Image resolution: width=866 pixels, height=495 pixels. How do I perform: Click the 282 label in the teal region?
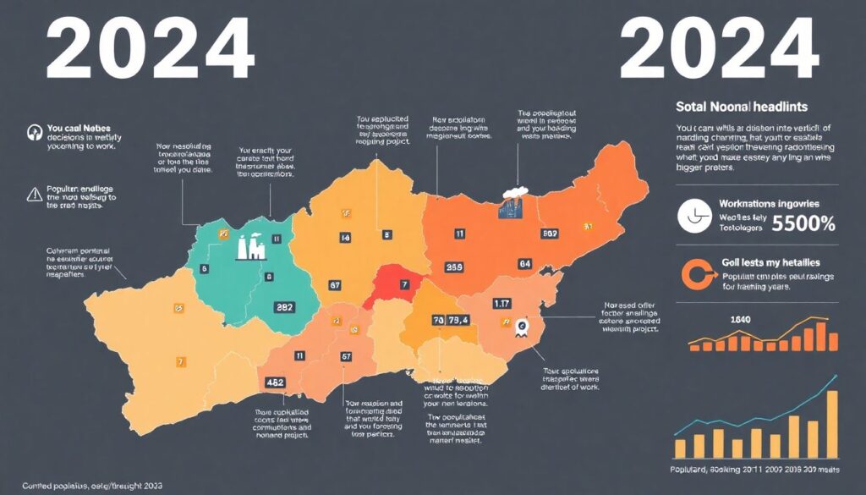pyautogui.click(x=285, y=308)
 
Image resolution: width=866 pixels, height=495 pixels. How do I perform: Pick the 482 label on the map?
pyautogui.click(x=275, y=382)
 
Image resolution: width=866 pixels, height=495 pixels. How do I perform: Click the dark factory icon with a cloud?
pyautogui.click(x=510, y=204)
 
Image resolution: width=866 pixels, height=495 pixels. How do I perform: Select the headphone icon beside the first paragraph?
pyautogui.click(x=35, y=132)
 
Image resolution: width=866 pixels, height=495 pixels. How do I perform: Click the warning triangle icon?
pyautogui.click(x=35, y=194)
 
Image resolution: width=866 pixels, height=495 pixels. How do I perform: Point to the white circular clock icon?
pyautogui.click(x=695, y=217)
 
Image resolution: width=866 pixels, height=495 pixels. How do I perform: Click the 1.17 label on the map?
pyautogui.click(x=501, y=303)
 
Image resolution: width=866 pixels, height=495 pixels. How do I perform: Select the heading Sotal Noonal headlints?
pyautogui.click(x=742, y=107)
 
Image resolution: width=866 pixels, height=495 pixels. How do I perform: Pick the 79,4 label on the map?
pyautogui.click(x=459, y=321)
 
